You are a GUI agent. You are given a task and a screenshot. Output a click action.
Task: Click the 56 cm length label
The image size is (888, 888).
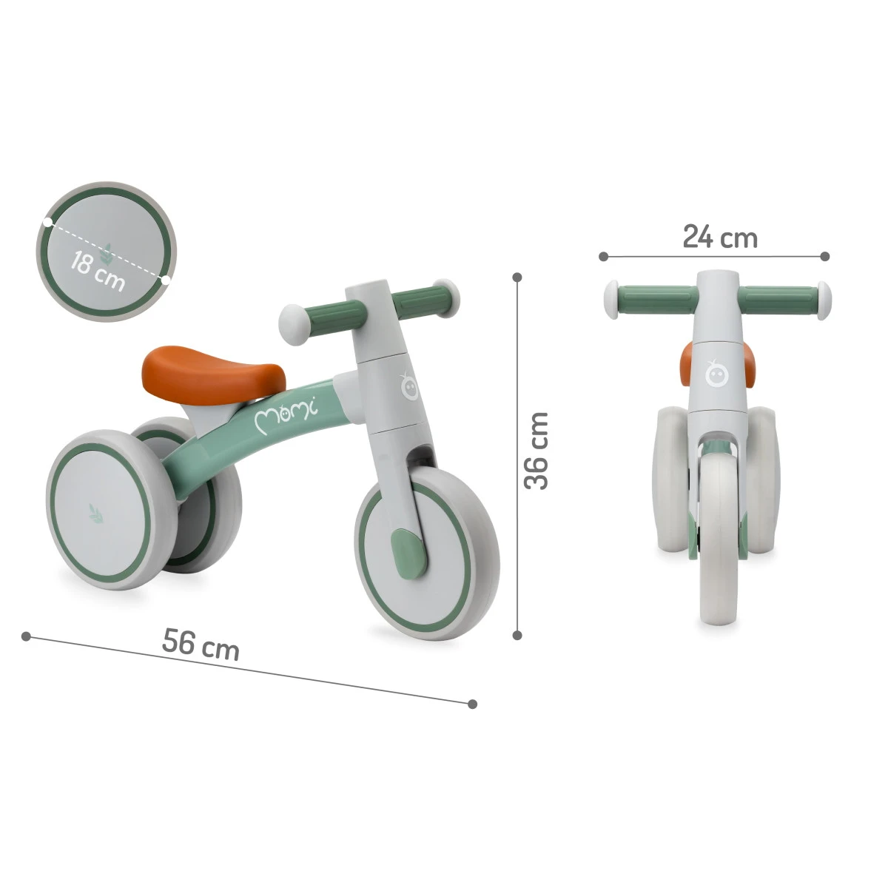pyautogui.click(x=201, y=643)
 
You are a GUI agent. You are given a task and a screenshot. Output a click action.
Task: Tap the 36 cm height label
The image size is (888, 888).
pyautogui.click(x=536, y=451)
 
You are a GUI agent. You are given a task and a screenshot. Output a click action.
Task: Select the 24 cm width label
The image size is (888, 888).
pyautogui.click(x=719, y=238)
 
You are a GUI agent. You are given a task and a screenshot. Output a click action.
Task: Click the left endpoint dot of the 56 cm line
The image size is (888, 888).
pyautogui.click(x=26, y=636)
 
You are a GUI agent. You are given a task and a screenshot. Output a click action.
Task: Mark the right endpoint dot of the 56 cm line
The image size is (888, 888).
pyautogui.click(x=473, y=704)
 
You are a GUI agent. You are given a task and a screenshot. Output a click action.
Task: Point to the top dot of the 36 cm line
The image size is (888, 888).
pyautogui.click(x=518, y=276)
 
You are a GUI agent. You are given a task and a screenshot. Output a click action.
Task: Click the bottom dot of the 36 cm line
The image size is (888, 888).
pyautogui.click(x=518, y=634)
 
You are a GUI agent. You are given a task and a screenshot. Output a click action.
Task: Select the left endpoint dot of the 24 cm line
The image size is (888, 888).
pyautogui.click(x=603, y=256)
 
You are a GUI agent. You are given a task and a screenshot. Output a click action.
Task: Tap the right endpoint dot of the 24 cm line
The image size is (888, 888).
pyautogui.click(x=825, y=256)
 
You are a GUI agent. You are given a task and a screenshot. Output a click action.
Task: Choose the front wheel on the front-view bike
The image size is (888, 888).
pyautogui.click(x=718, y=548)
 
